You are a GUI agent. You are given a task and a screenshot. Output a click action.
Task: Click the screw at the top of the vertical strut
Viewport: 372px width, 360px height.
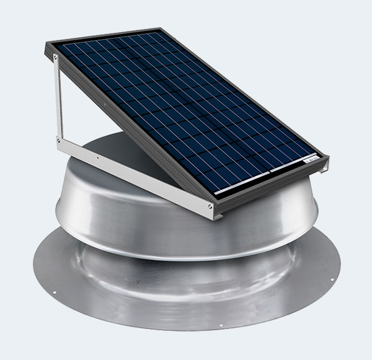[57, 58]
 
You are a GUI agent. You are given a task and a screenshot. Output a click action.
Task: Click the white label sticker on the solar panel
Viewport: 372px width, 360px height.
[314, 160]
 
